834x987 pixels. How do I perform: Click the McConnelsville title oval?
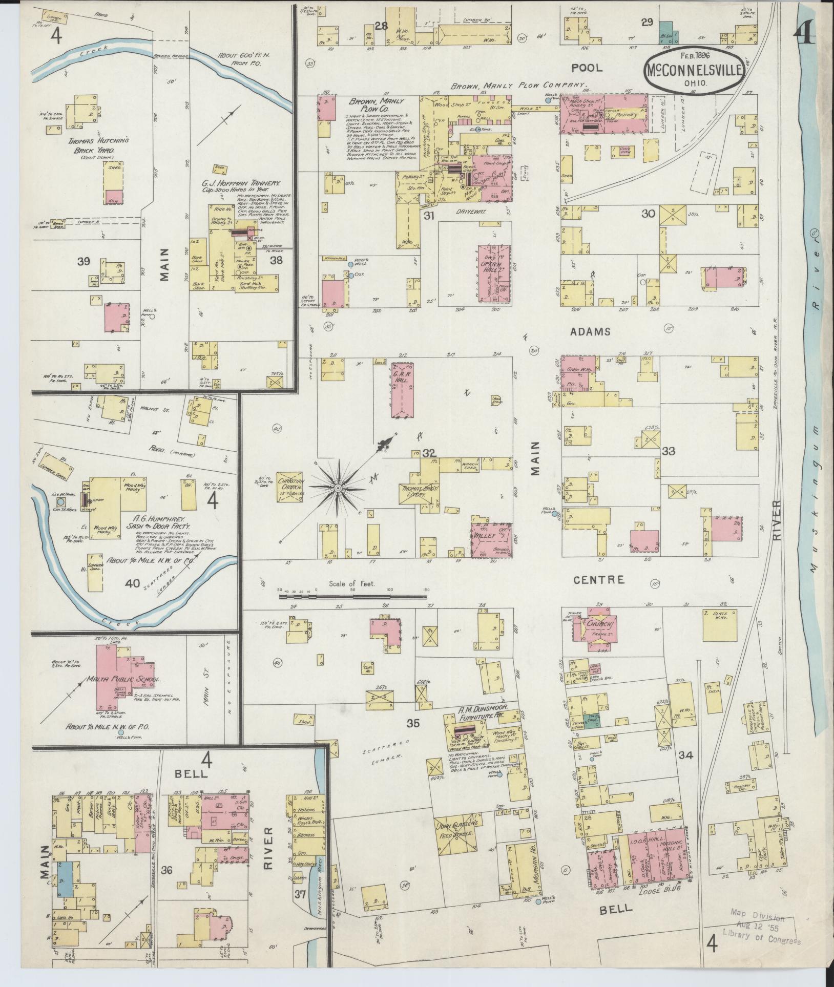[693, 72]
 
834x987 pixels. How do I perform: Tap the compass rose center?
[338, 489]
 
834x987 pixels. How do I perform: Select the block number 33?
[669, 451]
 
